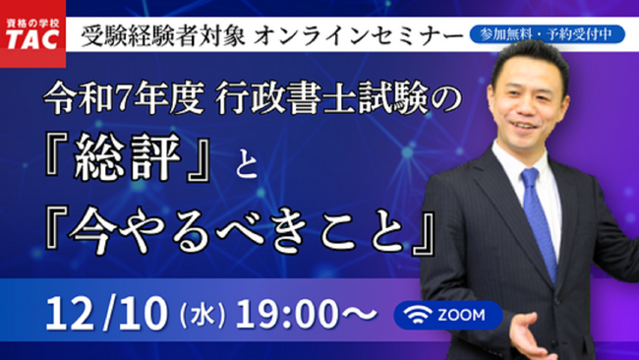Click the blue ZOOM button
click(x=447, y=315)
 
